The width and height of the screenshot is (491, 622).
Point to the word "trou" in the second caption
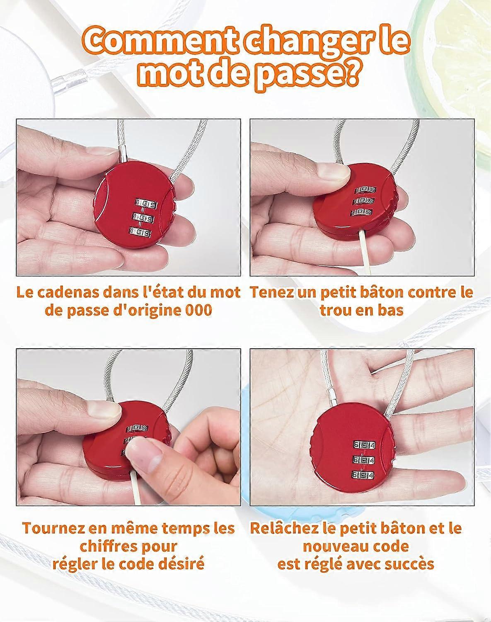(336, 310)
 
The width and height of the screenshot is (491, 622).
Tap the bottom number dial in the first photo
(141, 232)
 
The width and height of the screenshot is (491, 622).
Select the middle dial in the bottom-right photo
(364, 460)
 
